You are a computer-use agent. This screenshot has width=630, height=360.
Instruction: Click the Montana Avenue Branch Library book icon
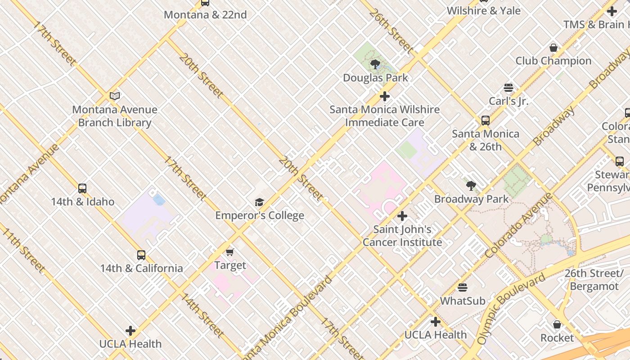(x=115, y=96)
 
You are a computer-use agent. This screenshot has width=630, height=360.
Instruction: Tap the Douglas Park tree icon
(x=375, y=64)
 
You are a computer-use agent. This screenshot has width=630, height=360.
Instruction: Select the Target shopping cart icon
(x=230, y=252)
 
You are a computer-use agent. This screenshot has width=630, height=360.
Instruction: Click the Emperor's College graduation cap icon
(x=259, y=202)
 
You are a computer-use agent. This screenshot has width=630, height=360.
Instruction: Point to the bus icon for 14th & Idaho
(x=82, y=189)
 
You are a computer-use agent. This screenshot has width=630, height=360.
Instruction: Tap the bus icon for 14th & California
(x=141, y=255)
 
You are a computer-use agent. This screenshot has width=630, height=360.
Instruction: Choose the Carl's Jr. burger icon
(x=508, y=88)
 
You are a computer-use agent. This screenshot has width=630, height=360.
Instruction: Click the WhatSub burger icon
(x=463, y=288)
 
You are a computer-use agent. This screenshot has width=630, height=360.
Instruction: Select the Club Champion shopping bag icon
(x=553, y=48)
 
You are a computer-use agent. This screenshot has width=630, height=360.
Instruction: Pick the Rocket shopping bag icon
(x=557, y=324)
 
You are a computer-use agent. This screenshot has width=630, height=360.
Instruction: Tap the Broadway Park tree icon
(x=471, y=185)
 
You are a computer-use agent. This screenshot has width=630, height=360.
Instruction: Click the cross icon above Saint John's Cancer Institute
(x=402, y=216)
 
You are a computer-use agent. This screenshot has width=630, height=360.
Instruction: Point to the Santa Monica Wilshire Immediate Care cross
(x=385, y=96)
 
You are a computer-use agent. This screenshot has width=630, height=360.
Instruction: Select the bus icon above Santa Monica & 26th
(x=486, y=121)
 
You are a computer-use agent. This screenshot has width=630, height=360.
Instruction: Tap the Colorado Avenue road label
(x=519, y=226)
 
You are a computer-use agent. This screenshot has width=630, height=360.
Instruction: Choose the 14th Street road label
(x=202, y=315)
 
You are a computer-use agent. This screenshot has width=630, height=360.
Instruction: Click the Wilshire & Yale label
(x=484, y=11)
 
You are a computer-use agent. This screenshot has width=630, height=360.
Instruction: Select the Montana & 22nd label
(x=205, y=15)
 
